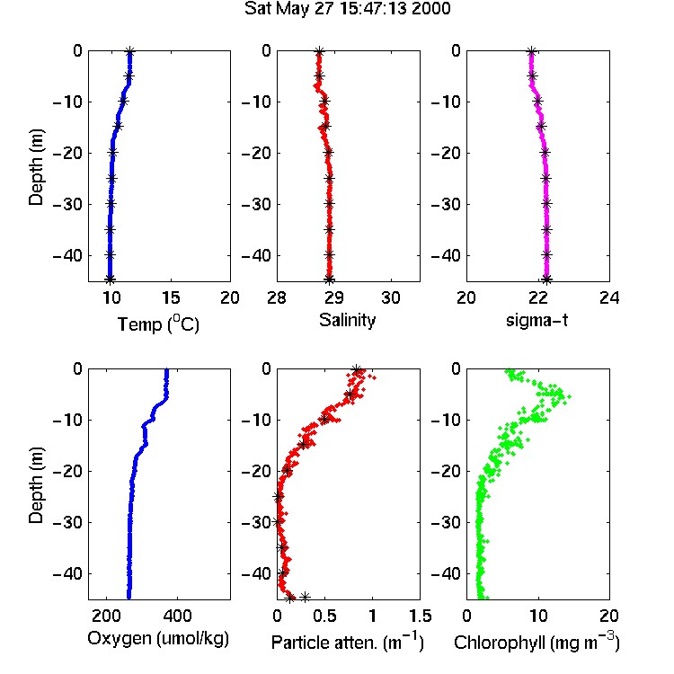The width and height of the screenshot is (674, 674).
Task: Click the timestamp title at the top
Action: click(347, 8)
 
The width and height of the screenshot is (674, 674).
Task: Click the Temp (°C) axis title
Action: click(158, 324)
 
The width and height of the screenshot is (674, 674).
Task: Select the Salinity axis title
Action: click(347, 320)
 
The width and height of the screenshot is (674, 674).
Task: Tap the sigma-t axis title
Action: click(537, 320)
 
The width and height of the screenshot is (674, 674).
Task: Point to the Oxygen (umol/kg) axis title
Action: click(158, 639)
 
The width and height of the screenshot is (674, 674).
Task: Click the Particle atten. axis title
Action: click(348, 642)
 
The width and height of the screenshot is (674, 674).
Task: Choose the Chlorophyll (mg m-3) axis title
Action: click(537, 642)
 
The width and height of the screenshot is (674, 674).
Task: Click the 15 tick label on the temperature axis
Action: click(171, 297)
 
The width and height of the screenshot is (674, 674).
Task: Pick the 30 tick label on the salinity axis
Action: click(390, 297)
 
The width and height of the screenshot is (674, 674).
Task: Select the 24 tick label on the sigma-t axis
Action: click(609, 297)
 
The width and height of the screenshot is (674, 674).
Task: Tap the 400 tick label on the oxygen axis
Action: click(177, 616)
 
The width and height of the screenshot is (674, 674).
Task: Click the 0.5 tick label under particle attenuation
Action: click(324, 616)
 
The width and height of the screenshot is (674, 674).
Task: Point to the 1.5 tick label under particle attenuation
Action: click(421, 616)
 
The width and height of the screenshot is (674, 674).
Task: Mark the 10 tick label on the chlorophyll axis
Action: click(537, 616)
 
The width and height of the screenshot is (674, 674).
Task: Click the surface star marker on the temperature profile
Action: click(129, 52)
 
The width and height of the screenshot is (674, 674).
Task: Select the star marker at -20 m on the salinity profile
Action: click(328, 152)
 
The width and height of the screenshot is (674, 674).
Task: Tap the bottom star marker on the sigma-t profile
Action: click(546, 279)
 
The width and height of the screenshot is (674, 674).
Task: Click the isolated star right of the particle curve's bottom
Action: click(305, 597)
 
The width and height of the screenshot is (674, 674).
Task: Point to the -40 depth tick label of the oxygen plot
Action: click(68, 573)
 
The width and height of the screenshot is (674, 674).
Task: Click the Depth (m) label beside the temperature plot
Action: click(36, 167)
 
